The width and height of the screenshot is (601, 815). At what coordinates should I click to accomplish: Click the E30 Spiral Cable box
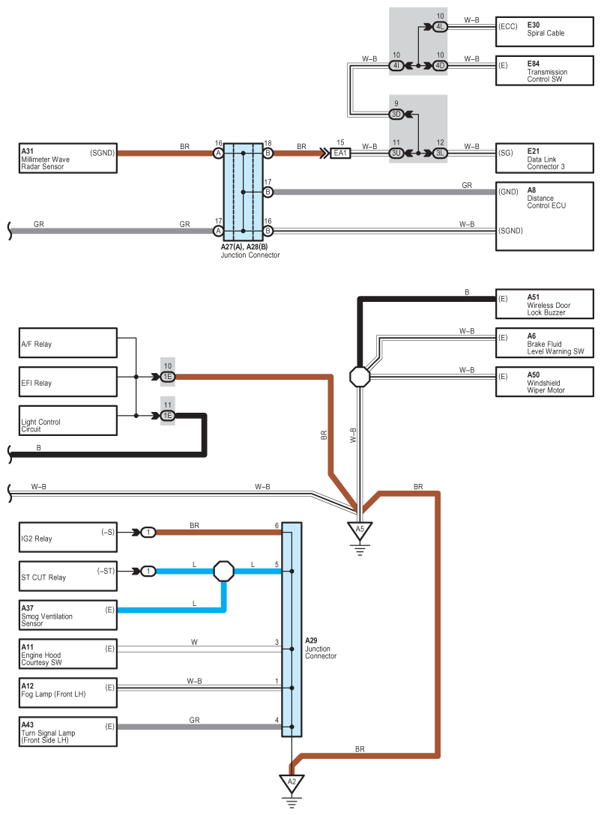[544, 31]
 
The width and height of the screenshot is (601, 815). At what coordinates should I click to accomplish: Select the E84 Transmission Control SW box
[544, 70]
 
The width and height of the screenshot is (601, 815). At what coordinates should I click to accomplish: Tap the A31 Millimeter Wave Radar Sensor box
[68, 158]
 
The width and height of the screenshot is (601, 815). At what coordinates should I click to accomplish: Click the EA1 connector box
[340, 153]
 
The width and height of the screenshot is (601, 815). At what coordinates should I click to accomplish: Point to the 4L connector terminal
[440, 26]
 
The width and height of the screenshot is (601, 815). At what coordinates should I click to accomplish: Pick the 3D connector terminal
[396, 114]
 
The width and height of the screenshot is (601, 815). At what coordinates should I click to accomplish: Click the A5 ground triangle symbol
[360, 531]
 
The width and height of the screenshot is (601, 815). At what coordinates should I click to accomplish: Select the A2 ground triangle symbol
[292, 784]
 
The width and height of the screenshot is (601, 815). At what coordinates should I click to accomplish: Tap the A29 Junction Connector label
[320, 648]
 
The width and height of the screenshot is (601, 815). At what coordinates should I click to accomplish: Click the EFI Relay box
[68, 382]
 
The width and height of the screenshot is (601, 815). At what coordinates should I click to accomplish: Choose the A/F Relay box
[68, 343]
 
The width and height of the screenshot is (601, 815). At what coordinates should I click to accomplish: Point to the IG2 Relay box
[68, 537]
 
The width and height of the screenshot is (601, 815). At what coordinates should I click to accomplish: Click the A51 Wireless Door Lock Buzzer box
[544, 304]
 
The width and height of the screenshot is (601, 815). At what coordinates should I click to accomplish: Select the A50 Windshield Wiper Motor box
[544, 382]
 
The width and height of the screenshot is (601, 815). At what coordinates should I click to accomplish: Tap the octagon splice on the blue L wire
[224, 572]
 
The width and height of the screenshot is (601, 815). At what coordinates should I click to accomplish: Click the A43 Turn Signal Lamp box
[68, 732]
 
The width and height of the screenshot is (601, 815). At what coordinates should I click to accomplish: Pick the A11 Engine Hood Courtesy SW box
[68, 654]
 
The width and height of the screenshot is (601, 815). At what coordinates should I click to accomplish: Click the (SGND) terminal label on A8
[510, 231]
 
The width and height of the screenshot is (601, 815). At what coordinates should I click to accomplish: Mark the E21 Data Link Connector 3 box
[544, 158]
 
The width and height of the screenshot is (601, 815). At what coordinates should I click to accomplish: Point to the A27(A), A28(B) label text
[244, 247]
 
